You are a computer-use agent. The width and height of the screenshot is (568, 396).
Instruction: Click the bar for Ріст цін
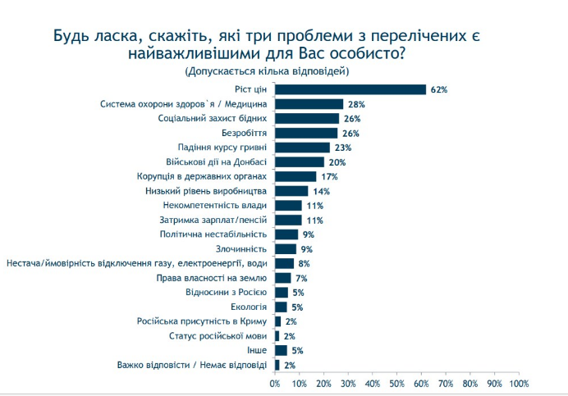[x=350, y=89]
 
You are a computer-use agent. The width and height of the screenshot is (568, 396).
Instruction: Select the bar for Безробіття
[x=306, y=133]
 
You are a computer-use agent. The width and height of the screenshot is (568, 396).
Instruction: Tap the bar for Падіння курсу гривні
[x=302, y=148]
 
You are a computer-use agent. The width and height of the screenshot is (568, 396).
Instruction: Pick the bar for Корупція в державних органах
[x=295, y=176]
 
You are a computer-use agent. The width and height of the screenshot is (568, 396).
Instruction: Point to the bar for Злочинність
[x=286, y=248]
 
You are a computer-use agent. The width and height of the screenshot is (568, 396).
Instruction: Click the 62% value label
[x=438, y=89]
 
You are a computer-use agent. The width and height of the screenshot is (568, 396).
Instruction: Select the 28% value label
[x=355, y=104]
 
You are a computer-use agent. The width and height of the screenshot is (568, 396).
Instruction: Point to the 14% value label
[x=321, y=191]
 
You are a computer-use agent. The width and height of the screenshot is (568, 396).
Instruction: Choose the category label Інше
[x=259, y=350]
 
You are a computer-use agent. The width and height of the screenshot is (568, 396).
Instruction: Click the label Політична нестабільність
[x=215, y=234]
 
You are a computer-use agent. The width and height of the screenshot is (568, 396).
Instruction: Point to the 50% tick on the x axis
[x=397, y=383]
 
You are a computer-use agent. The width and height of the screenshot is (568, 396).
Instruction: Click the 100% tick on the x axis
[x=519, y=383]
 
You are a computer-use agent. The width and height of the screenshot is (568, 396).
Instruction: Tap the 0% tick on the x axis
[x=275, y=383]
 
